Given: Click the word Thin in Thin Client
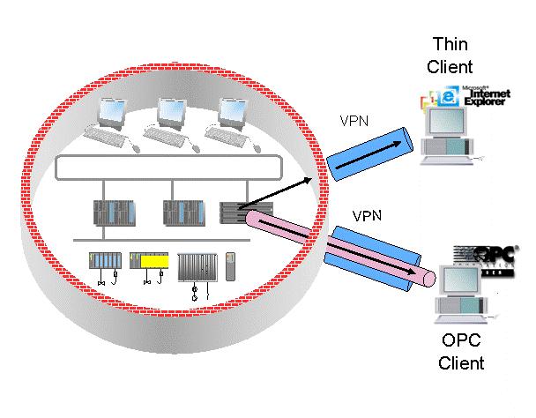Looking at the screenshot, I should pos(449,44).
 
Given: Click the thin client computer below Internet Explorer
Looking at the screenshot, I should pos(450,140).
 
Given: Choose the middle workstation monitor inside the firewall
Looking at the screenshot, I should pos(172,112).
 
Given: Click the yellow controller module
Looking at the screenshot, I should pos(155,261).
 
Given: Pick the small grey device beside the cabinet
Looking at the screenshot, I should pos(230,265).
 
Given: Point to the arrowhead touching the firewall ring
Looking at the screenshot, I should pos(309,181).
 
